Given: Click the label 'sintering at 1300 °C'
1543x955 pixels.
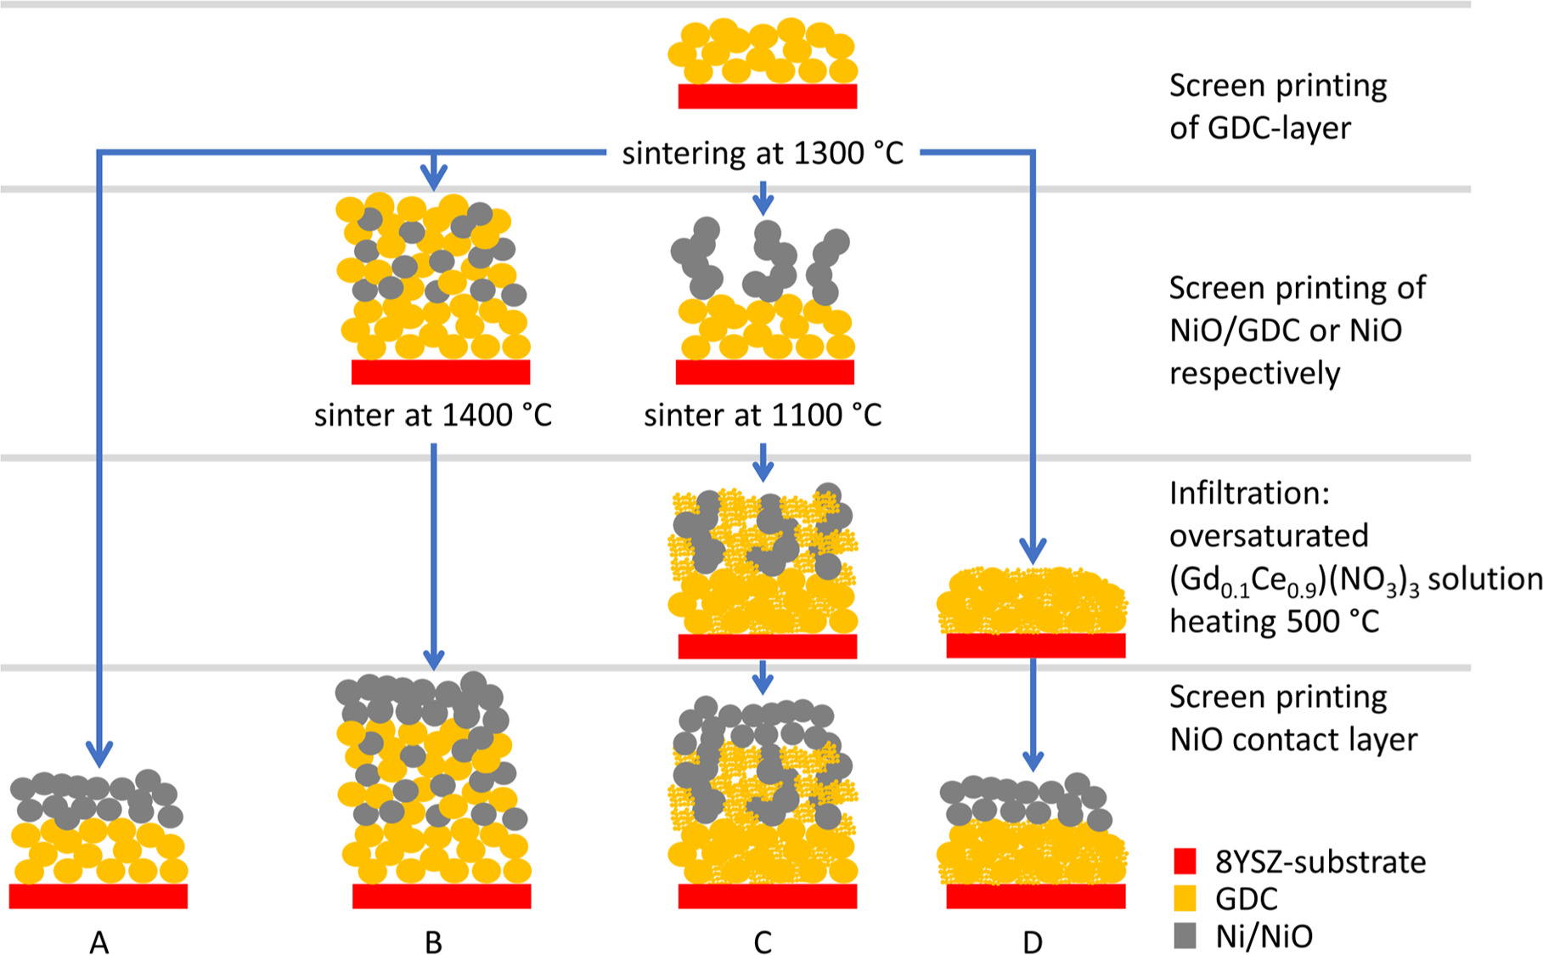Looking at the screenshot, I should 762,154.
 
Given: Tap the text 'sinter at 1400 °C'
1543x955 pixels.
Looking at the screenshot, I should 433,415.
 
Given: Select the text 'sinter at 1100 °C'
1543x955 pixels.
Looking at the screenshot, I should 762,415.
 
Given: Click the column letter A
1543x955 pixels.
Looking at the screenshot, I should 99,942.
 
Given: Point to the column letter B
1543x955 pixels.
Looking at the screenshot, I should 433,942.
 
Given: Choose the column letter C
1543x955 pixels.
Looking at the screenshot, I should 763,942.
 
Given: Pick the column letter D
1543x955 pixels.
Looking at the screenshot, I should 1033,942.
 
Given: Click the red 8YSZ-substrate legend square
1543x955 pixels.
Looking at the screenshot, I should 1185,861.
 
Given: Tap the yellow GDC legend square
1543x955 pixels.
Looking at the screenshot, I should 1185,898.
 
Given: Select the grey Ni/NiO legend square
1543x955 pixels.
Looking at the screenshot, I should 1185,935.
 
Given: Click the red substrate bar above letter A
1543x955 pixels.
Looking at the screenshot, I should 99,896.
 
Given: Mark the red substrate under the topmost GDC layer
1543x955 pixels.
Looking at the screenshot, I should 767,96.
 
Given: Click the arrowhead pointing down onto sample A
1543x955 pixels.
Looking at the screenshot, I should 99,754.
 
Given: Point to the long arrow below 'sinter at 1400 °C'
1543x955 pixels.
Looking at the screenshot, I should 433,552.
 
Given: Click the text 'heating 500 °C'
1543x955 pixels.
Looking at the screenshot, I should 1274,622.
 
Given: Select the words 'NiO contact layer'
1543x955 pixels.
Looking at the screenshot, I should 1293,740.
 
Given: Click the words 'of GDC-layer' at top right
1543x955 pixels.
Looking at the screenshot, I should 1259,128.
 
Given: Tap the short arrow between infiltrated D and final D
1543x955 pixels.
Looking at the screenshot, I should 1033,714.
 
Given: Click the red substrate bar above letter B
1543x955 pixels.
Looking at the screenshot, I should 442,896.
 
